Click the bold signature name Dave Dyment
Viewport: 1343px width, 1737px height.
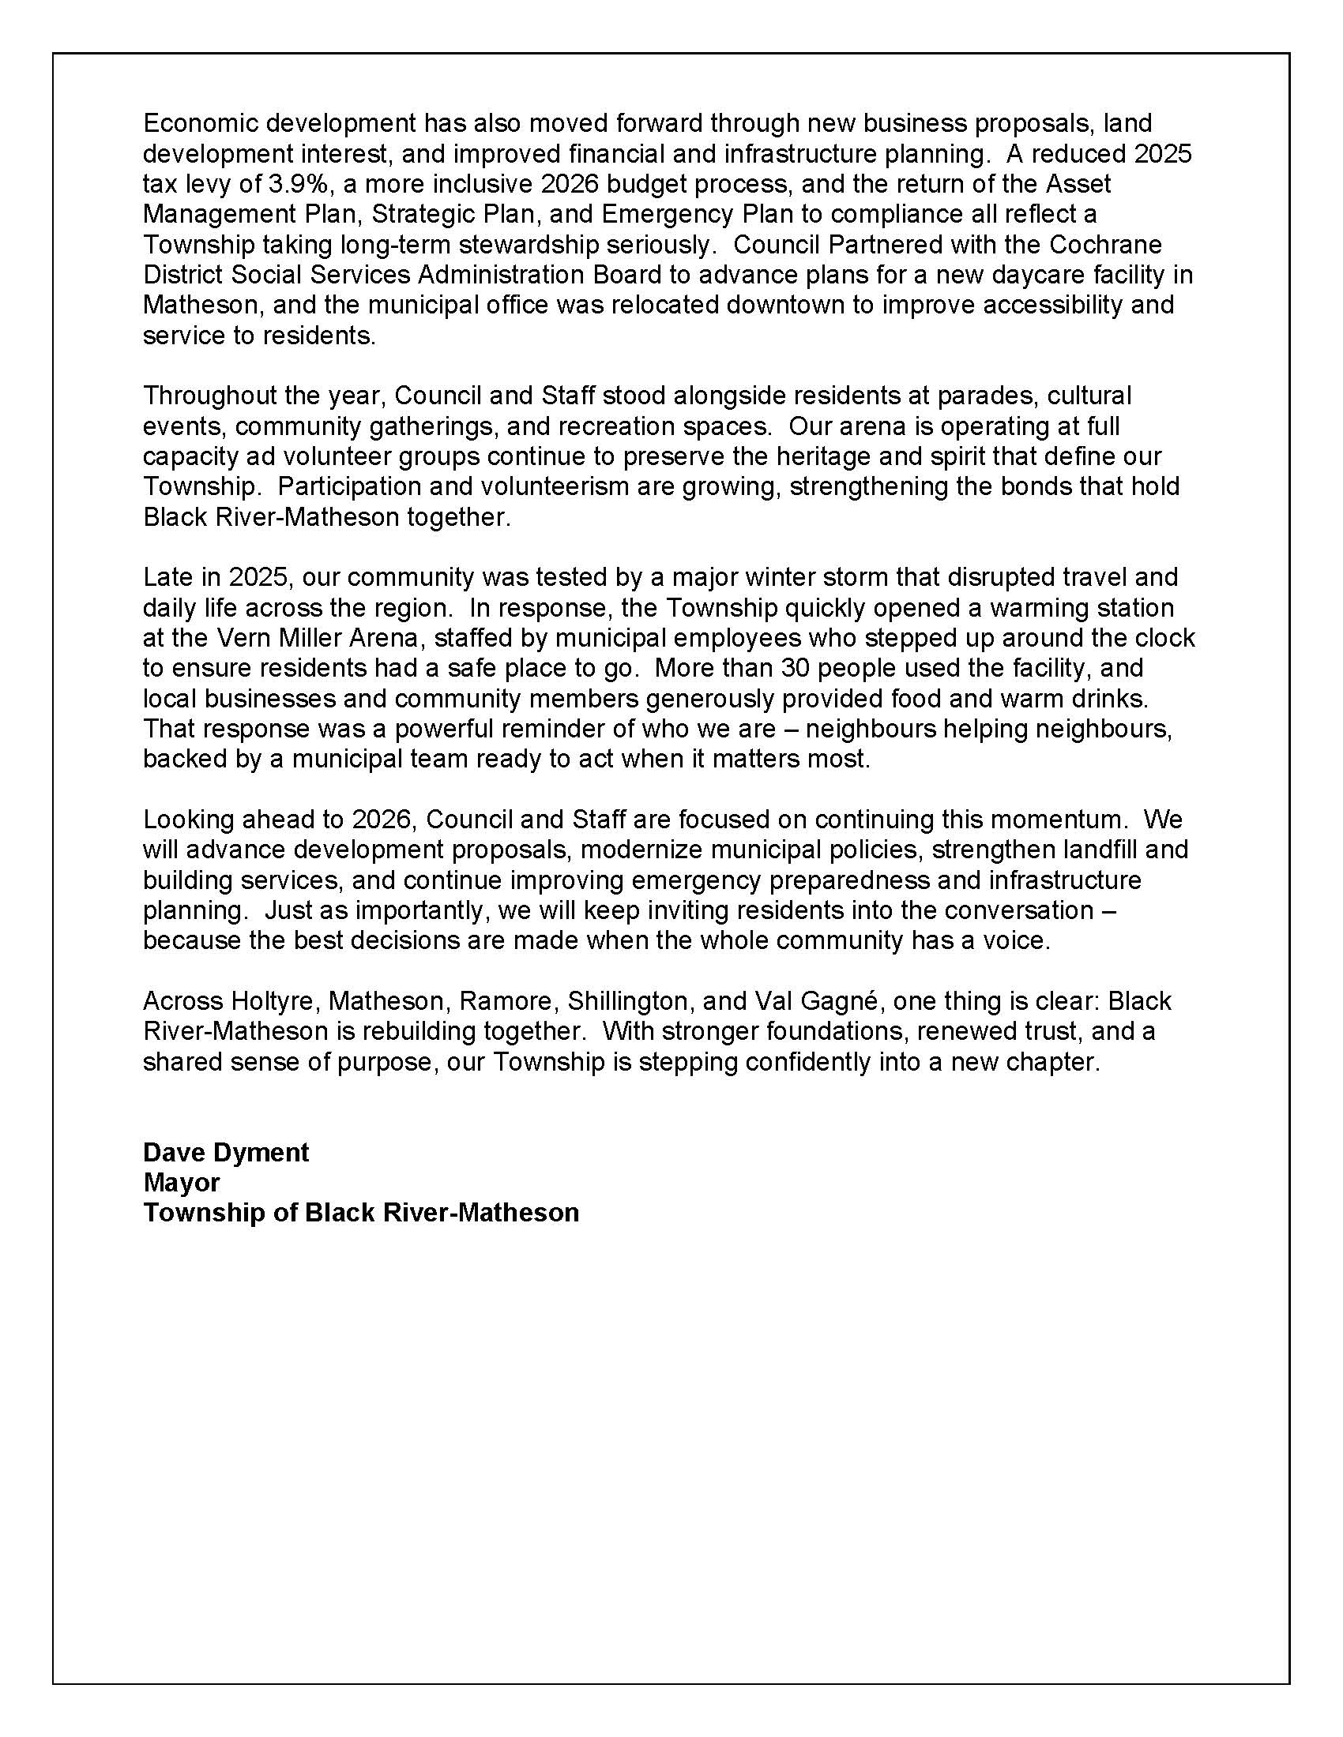[226, 1153]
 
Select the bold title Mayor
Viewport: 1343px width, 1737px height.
[182, 1183]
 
